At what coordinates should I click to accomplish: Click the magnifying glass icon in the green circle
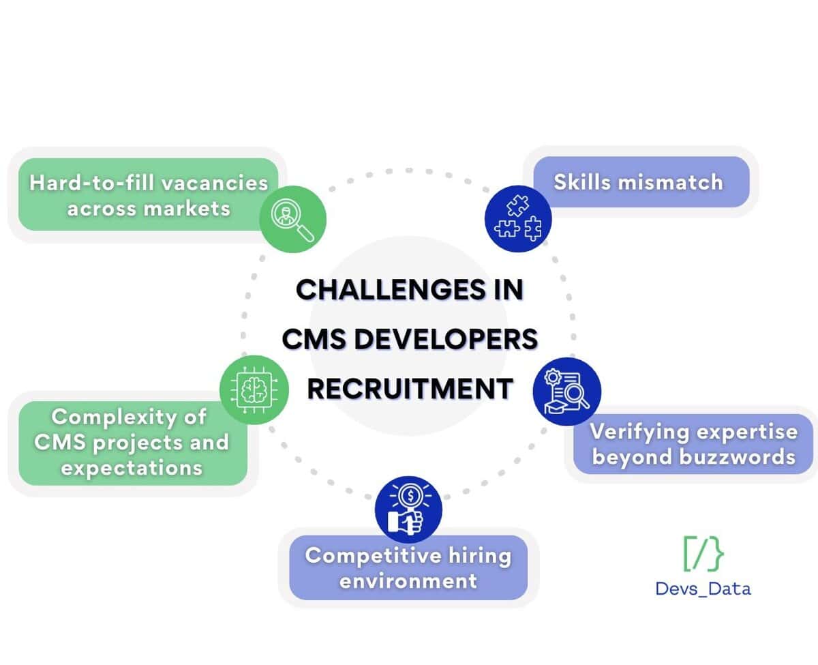pos(293,218)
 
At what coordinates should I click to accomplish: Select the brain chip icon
pos(253,389)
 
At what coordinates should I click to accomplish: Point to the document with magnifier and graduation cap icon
pos(566,391)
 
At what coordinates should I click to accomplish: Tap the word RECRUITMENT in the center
pos(410,389)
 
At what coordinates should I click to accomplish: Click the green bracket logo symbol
pos(703,553)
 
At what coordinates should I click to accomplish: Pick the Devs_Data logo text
pos(703,588)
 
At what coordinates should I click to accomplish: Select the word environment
pos(408,581)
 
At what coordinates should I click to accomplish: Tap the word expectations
pos(132,468)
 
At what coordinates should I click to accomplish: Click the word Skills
pos(581,182)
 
